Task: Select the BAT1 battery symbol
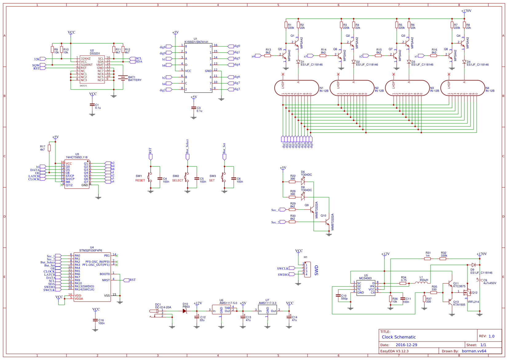(123, 78)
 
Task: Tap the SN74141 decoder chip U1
(198, 68)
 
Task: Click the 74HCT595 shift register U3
(77, 174)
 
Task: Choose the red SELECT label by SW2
(177, 180)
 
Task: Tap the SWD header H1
(307, 270)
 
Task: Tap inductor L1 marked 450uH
(421, 283)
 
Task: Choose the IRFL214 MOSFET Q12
(468, 292)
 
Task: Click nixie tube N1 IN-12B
(296, 88)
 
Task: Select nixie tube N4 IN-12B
(462, 88)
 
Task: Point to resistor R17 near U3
(49, 148)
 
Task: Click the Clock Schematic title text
(399, 337)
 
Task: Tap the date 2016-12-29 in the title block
(406, 345)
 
